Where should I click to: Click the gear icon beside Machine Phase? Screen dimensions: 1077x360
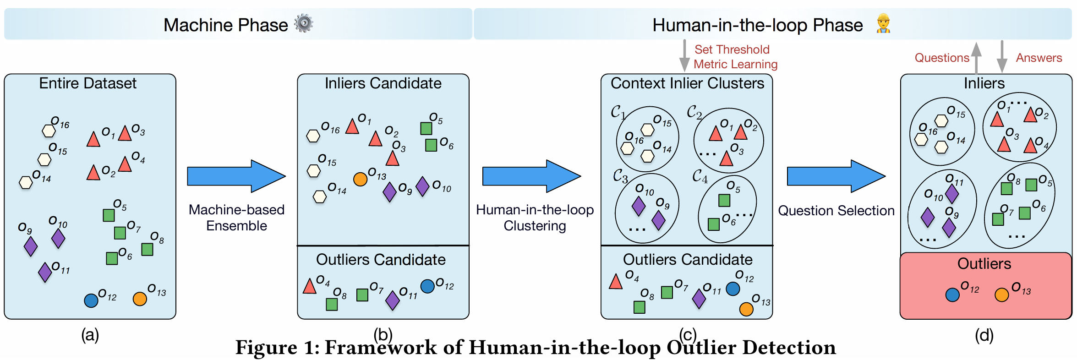304,23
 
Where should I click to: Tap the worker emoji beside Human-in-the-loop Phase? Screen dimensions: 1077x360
883,23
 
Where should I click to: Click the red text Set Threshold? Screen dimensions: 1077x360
732,49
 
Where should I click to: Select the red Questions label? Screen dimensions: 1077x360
942,58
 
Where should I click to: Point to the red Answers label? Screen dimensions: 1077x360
1039,58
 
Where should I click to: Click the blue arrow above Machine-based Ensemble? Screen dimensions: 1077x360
236,176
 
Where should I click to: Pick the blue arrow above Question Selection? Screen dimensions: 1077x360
836,176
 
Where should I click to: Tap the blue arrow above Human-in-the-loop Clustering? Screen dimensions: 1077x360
531,176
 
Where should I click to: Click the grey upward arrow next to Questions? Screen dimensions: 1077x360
976,58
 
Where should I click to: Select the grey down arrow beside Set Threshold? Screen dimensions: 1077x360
684,55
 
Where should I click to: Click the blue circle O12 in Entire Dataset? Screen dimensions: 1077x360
91,300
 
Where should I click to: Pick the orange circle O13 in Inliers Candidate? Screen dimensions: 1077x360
361,179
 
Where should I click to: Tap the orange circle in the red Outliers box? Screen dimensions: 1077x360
1002,295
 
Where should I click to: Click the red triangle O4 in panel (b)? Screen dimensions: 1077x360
310,286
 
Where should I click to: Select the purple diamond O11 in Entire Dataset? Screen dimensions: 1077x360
45,273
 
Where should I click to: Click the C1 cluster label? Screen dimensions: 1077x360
618,112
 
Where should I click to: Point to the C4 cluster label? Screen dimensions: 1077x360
700,176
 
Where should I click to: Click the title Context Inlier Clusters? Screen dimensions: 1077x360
687,83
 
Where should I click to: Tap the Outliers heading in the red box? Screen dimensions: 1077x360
984,264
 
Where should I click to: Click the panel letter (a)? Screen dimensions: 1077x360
90,335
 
